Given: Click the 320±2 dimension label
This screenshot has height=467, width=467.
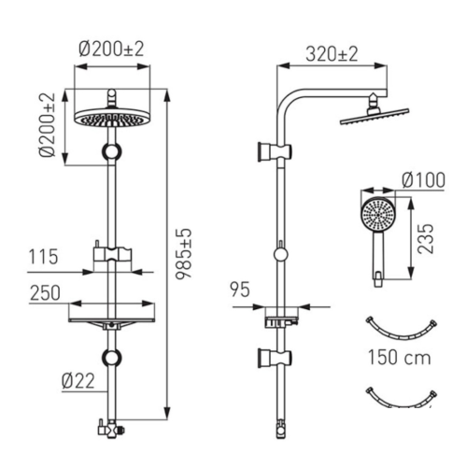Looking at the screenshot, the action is point(332,54).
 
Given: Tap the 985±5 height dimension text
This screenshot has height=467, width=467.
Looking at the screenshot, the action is point(183,254).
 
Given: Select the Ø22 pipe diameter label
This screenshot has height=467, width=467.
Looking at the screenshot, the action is point(78,381).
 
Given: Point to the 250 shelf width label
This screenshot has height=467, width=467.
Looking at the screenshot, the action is point(45,293).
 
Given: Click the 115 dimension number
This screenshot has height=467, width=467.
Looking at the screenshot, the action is point(43,257).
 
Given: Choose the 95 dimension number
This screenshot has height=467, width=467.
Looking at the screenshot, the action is point(240,290).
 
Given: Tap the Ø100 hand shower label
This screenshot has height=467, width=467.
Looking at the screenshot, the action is point(423,180).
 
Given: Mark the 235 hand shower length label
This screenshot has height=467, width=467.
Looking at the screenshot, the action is point(426,238).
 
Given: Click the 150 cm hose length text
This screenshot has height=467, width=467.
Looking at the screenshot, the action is point(400,357).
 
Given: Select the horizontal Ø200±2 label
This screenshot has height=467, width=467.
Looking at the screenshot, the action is point(111,50).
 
